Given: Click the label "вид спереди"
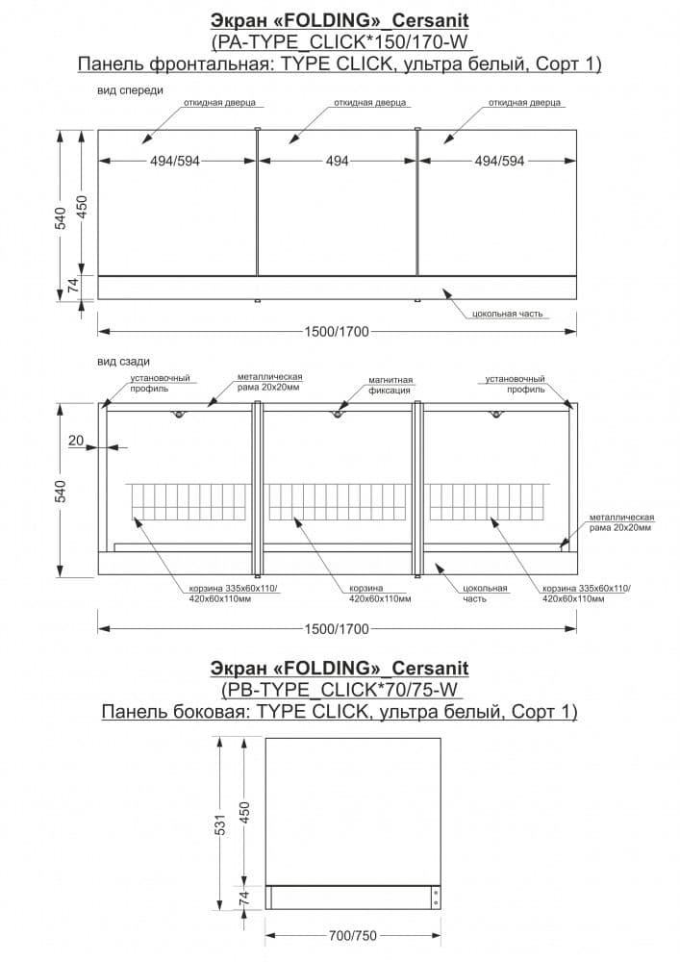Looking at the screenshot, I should point(130,89).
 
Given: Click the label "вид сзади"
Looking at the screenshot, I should point(123,362).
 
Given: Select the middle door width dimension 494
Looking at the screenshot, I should point(337,162).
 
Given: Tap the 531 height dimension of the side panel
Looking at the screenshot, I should point(220,825).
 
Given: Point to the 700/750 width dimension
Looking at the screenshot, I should point(352,935).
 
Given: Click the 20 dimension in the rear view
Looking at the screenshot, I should point(77,440).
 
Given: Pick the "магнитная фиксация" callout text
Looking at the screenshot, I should point(390,385).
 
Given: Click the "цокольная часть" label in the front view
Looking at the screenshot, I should point(508,314).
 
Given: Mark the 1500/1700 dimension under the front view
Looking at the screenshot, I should point(336,331).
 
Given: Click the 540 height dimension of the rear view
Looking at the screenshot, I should point(61,492).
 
